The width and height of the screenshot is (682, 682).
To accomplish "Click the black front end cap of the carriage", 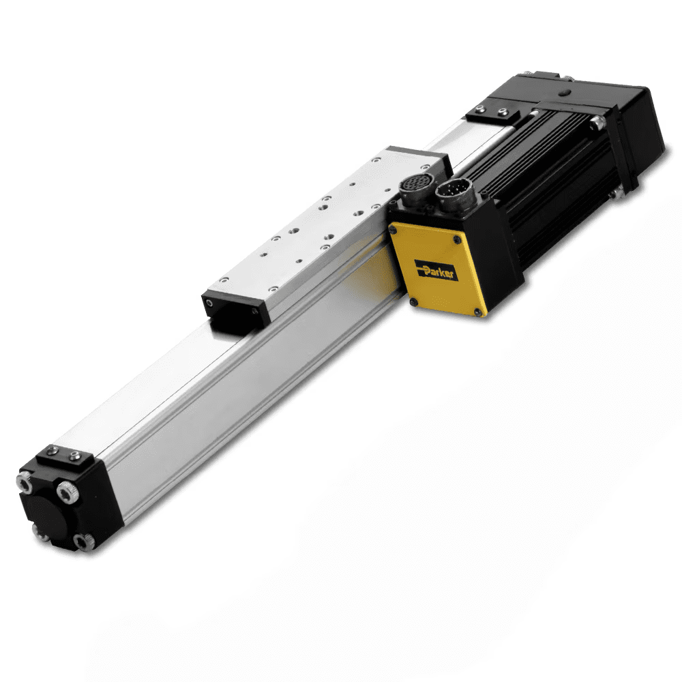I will tap(232, 307).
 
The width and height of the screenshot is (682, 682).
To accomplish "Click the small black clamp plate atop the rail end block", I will tap(65, 456).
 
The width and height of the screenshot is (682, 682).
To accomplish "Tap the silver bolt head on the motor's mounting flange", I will tap(598, 122).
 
